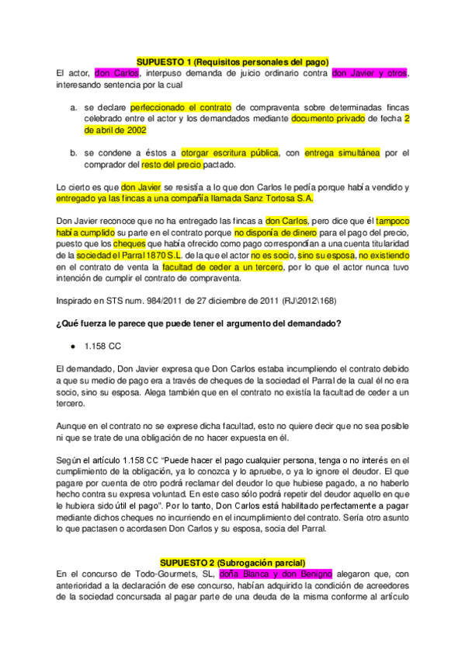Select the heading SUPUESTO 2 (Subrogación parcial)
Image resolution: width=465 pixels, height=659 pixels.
coord(232,562)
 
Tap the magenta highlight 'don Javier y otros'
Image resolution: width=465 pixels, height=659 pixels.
coord(369,73)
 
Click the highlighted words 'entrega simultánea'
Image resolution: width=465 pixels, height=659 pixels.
coord(342,153)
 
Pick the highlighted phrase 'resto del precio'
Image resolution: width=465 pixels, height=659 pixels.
coord(172,165)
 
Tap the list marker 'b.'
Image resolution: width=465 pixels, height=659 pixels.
coord(73,153)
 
